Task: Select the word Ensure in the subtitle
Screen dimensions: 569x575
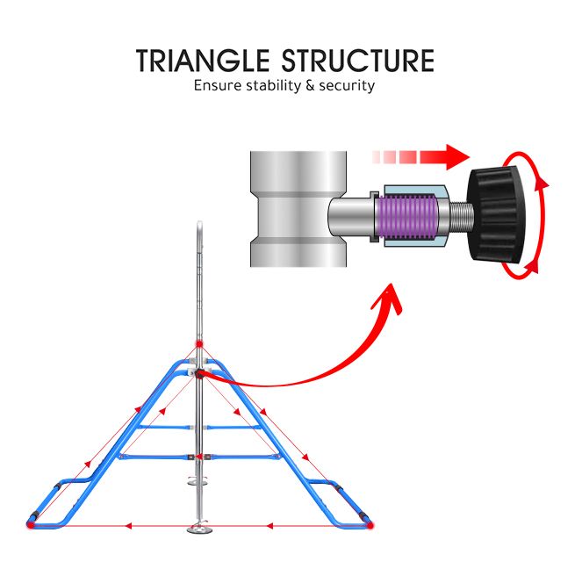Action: coord(215,86)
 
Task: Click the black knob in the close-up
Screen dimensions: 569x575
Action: coord(498,212)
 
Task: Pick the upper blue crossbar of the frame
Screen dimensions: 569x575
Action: coord(199,428)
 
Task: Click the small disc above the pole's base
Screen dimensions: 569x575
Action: coord(199,480)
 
